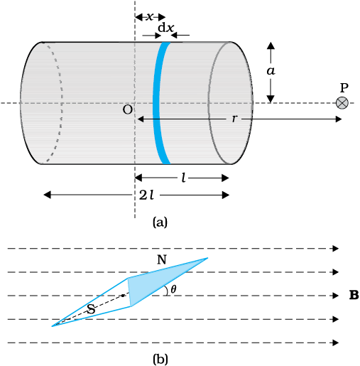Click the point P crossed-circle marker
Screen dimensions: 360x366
tap(342, 103)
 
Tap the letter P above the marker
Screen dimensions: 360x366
tap(344, 88)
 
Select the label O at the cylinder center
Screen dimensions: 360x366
tap(128, 109)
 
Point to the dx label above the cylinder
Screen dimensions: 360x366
tap(165, 28)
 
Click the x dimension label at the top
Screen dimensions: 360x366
tap(150, 17)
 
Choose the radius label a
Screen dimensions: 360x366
tap(271, 71)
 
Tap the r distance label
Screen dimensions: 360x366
tap(234, 119)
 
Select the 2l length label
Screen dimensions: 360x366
tap(146, 195)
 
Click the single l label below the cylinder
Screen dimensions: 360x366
tap(183, 178)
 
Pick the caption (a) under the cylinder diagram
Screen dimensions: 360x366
tap(160, 222)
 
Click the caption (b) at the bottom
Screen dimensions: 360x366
tap(160, 359)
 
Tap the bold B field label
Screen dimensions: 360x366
tap(354, 295)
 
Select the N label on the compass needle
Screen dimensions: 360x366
tap(162, 260)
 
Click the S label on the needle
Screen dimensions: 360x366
tap(92, 309)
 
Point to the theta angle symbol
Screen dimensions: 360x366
tap(173, 289)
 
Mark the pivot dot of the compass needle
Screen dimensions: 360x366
tap(123, 296)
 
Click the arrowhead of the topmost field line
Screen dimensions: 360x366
tap(336, 248)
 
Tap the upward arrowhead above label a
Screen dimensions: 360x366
tap(271, 45)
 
